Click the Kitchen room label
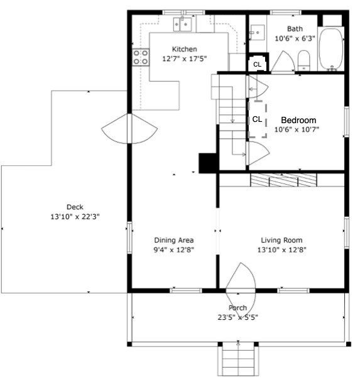tap(184, 49)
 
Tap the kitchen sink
tap(182, 24)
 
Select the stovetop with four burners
tap(141, 57)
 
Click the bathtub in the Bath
tap(331, 50)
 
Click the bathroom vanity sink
tap(258, 32)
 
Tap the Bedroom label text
tap(298, 120)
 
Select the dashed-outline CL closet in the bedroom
tap(258, 119)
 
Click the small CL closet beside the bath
tap(258, 64)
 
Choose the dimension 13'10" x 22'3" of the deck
tap(75, 217)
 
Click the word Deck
tap(75, 207)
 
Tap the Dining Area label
tap(174, 240)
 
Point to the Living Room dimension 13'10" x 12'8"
tap(282, 249)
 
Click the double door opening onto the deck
tap(129, 129)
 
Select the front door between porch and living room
tap(241, 290)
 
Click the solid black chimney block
tap(208, 163)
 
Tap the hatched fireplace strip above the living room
tap(283, 180)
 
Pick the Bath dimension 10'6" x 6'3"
tap(295, 38)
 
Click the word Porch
tap(237, 308)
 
